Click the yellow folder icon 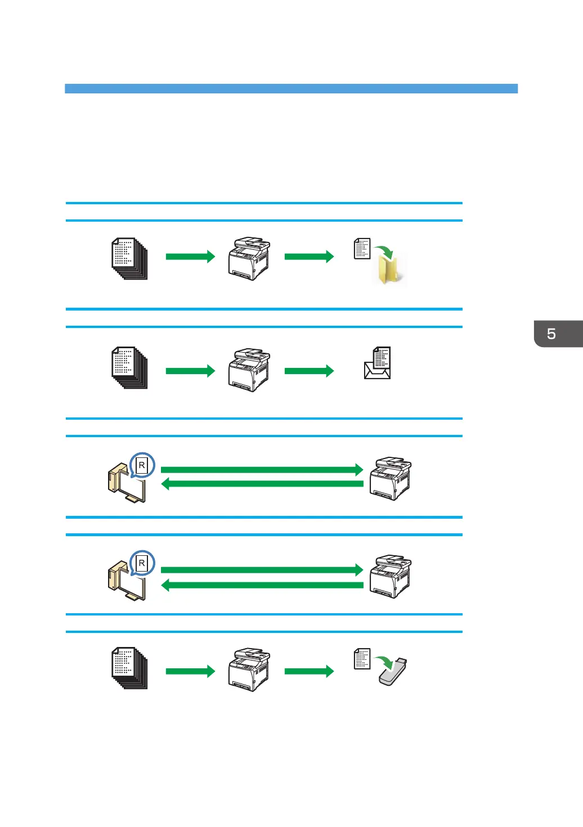[x=388, y=269]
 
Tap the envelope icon [x=376, y=371]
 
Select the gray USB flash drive [x=393, y=672]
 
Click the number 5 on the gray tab [x=551, y=334]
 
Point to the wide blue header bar [x=291, y=88]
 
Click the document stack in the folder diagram [x=129, y=258]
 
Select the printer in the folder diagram [x=249, y=258]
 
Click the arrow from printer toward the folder [x=309, y=257]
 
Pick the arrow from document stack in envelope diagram [x=190, y=371]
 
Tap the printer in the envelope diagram [x=249, y=370]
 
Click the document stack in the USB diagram [x=129, y=668]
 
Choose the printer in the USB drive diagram [x=249, y=669]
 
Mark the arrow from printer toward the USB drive [x=309, y=671]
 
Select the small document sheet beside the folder [x=362, y=249]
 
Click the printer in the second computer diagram [x=391, y=577]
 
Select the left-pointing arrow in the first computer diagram [x=262, y=484]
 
